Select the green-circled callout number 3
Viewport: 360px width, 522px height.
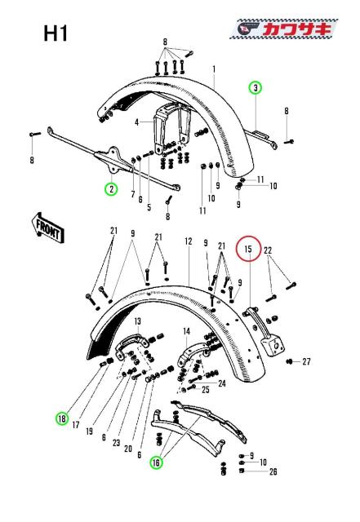point(256,87)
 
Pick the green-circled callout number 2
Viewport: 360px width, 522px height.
point(109,188)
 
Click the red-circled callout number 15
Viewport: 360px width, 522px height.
point(248,249)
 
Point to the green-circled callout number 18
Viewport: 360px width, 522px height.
point(62,418)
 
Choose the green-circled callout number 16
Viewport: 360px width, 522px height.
point(155,462)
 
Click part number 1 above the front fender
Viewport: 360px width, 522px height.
point(214,70)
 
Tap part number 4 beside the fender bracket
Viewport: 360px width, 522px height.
point(138,123)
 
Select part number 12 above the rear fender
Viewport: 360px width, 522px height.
point(188,242)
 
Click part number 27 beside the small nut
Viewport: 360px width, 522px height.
point(307,361)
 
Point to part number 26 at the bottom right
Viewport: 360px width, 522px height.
point(273,471)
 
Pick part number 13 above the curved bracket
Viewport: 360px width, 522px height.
point(138,321)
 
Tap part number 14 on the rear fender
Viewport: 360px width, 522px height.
point(187,331)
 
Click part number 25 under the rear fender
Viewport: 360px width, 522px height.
point(206,390)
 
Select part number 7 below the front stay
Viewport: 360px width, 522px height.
point(133,193)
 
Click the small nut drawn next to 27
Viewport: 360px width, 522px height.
point(291,361)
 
